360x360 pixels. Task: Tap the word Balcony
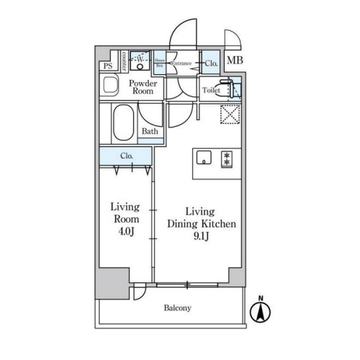tap(176, 308)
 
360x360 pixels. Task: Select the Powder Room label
tap(143, 88)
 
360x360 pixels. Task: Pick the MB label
tap(235, 60)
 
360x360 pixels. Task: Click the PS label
tap(107, 66)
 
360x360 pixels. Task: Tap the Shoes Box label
tap(159, 63)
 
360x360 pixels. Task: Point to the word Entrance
tap(181, 63)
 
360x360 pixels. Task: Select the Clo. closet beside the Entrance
tap(210, 63)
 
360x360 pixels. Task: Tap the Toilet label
tap(211, 91)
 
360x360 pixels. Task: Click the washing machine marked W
tap(140, 61)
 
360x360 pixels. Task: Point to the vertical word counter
tap(125, 60)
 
